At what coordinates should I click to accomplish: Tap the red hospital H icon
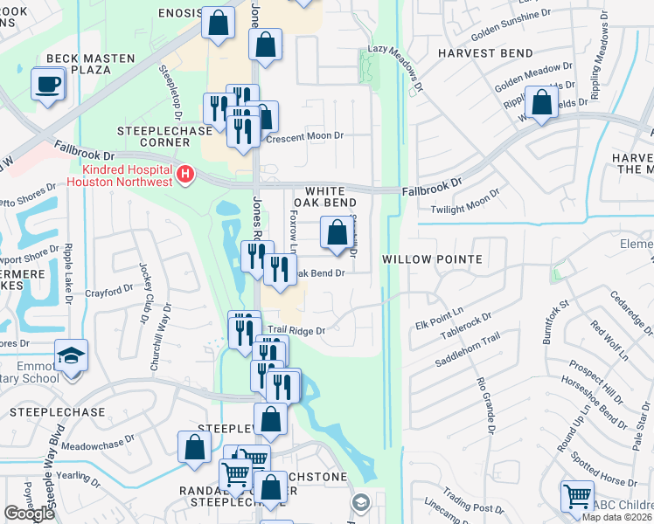(184, 175)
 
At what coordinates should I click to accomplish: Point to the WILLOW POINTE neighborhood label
(432, 259)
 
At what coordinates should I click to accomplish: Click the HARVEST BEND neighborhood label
(485, 53)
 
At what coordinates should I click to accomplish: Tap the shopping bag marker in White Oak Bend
(337, 233)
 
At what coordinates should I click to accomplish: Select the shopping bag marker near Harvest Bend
(542, 103)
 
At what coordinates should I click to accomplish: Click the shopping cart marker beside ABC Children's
(577, 497)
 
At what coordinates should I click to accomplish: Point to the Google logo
(29, 514)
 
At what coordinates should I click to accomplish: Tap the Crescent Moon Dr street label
(306, 138)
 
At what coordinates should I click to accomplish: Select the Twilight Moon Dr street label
(465, 203)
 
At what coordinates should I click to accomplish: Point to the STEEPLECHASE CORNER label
(164, 136)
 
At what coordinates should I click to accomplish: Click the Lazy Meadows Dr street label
(405, 71)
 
